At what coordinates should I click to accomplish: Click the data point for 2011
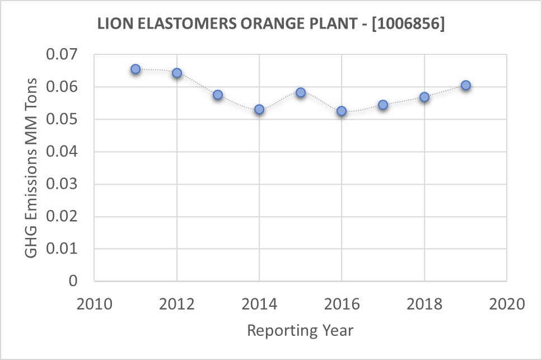point(135,69)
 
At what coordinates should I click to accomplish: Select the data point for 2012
point(177,73)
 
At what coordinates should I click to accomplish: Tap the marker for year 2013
point(218,95)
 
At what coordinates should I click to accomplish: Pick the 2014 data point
point(259,109)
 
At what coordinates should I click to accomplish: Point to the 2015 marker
point(301,92)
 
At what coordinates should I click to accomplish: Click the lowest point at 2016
point(342,111)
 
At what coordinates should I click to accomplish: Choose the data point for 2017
point(383,105)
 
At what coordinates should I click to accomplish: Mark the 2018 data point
point(424,97)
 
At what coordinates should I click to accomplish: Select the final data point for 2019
point(465,85)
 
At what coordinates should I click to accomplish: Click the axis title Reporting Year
point(300,330)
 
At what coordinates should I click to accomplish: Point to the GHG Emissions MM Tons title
point(32,167)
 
